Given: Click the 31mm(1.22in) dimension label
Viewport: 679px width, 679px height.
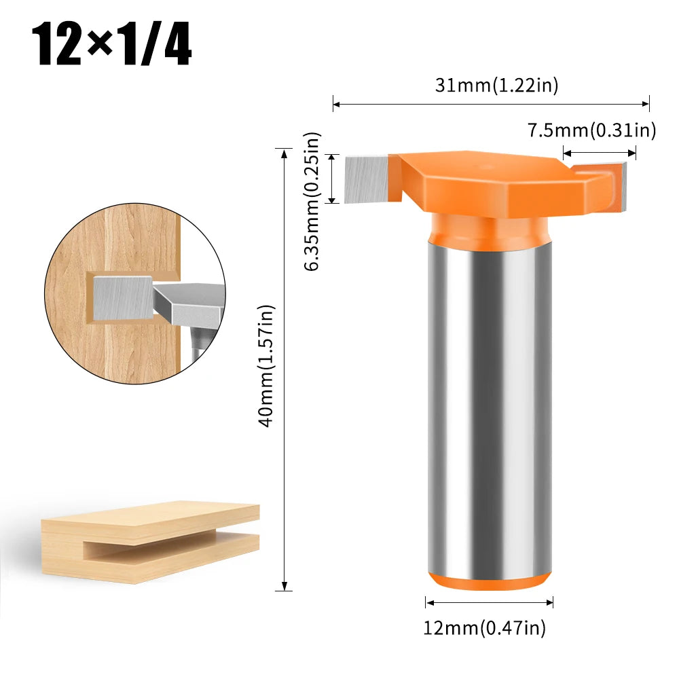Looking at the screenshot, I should (x=496, y=86).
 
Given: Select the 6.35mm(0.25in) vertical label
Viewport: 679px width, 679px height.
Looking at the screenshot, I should (x=312, y=202).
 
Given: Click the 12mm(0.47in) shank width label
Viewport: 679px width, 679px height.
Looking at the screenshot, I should (x=484, y=628).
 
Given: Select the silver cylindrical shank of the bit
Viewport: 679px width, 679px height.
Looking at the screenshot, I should (x=488, y=401).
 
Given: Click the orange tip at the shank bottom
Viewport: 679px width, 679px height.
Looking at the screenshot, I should (x=488, y=581).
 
